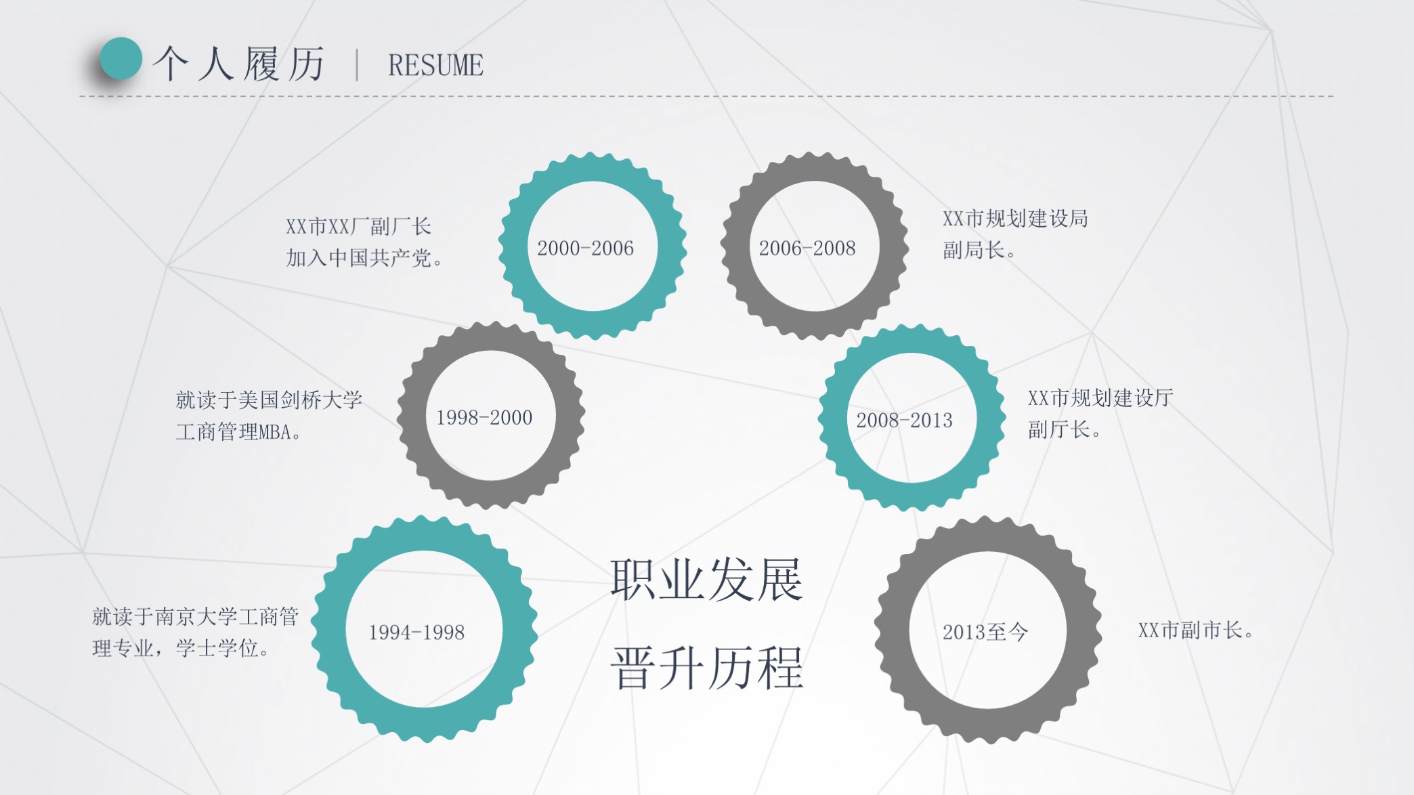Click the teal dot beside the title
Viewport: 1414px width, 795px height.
point(121,59)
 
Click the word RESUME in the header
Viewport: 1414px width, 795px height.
point(435,66)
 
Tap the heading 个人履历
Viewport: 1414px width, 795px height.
point(239,64)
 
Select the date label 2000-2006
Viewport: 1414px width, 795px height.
point(585,249)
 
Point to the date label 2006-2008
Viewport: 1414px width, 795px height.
point(807,249)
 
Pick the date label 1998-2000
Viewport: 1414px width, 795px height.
point(484,418)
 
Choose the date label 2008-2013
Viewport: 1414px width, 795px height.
point(904,421)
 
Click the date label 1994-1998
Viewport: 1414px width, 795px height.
point(416,632)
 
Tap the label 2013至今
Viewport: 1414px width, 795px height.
point(985,632)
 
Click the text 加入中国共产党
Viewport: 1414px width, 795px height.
point(364,258)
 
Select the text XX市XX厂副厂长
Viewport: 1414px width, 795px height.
point(358,226)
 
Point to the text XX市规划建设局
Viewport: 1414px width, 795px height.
point(1015,219)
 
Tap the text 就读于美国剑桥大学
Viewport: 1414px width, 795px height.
point(269,400)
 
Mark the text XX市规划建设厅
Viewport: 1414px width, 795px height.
point(1100,397)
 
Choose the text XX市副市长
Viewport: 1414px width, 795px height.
point(1195,630)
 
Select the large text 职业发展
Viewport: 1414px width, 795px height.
point(706,580)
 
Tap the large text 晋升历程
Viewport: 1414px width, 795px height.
point(706,668)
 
